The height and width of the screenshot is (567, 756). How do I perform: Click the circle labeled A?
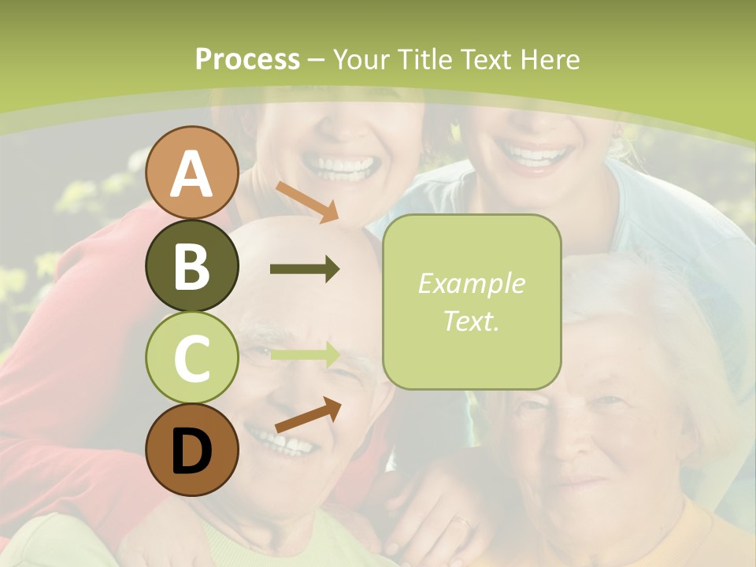191,172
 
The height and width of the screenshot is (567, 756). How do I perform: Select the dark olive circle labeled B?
191,265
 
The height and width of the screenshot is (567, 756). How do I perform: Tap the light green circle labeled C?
191,358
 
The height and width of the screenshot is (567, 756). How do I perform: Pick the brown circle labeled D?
191,450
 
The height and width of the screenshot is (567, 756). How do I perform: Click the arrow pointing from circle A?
307,202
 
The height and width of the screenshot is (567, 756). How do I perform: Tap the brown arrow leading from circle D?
308,415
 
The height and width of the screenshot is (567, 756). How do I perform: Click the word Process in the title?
247,59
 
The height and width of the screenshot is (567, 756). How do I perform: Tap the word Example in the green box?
472,283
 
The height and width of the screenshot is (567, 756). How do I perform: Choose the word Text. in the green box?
472,321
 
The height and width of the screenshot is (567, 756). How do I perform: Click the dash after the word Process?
317,60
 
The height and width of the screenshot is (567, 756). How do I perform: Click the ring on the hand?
463,521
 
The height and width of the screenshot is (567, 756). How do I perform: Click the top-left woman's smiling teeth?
339,165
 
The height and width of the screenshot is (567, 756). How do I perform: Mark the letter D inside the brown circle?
191,452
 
